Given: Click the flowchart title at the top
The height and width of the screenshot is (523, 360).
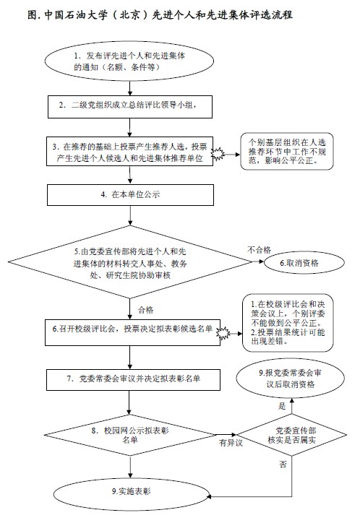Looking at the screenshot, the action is coord(160,15).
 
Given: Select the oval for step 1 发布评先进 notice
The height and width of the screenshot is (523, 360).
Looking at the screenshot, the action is coord(129,61).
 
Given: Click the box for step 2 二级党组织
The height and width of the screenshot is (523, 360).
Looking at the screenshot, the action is coord(130,107).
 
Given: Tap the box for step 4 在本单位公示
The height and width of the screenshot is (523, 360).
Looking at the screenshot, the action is coord(130,195).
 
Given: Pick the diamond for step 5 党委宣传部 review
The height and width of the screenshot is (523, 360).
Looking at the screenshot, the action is coord(130,262).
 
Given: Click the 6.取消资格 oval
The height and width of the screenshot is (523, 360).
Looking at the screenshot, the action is coord(304,263).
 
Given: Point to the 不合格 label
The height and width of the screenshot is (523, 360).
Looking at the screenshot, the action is coord(259,250).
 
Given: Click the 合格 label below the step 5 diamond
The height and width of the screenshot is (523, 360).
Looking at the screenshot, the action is coord(146,310).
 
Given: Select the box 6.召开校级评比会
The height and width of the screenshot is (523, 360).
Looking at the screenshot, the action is coord(132,332).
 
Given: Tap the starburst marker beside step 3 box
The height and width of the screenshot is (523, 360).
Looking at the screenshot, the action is coord(218,155).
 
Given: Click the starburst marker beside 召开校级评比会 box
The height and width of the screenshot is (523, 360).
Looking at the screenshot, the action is coord(223,333).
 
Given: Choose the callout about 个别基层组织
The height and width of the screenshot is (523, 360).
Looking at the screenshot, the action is coord(287,152).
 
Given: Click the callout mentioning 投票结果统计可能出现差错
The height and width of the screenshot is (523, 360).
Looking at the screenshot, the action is coord(288,323).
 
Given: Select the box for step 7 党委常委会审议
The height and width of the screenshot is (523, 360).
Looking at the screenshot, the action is coord(133,379).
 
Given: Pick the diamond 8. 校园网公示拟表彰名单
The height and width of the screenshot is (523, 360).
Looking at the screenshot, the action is coord(130,436).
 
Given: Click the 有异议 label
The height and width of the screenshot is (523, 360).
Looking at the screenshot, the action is coord(231,443).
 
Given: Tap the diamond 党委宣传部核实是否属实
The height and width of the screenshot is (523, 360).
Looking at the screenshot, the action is coord(291,436).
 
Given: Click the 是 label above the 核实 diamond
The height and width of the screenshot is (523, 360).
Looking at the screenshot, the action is coord(282,406).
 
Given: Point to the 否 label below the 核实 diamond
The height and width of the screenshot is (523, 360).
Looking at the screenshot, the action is coord(283,464).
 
